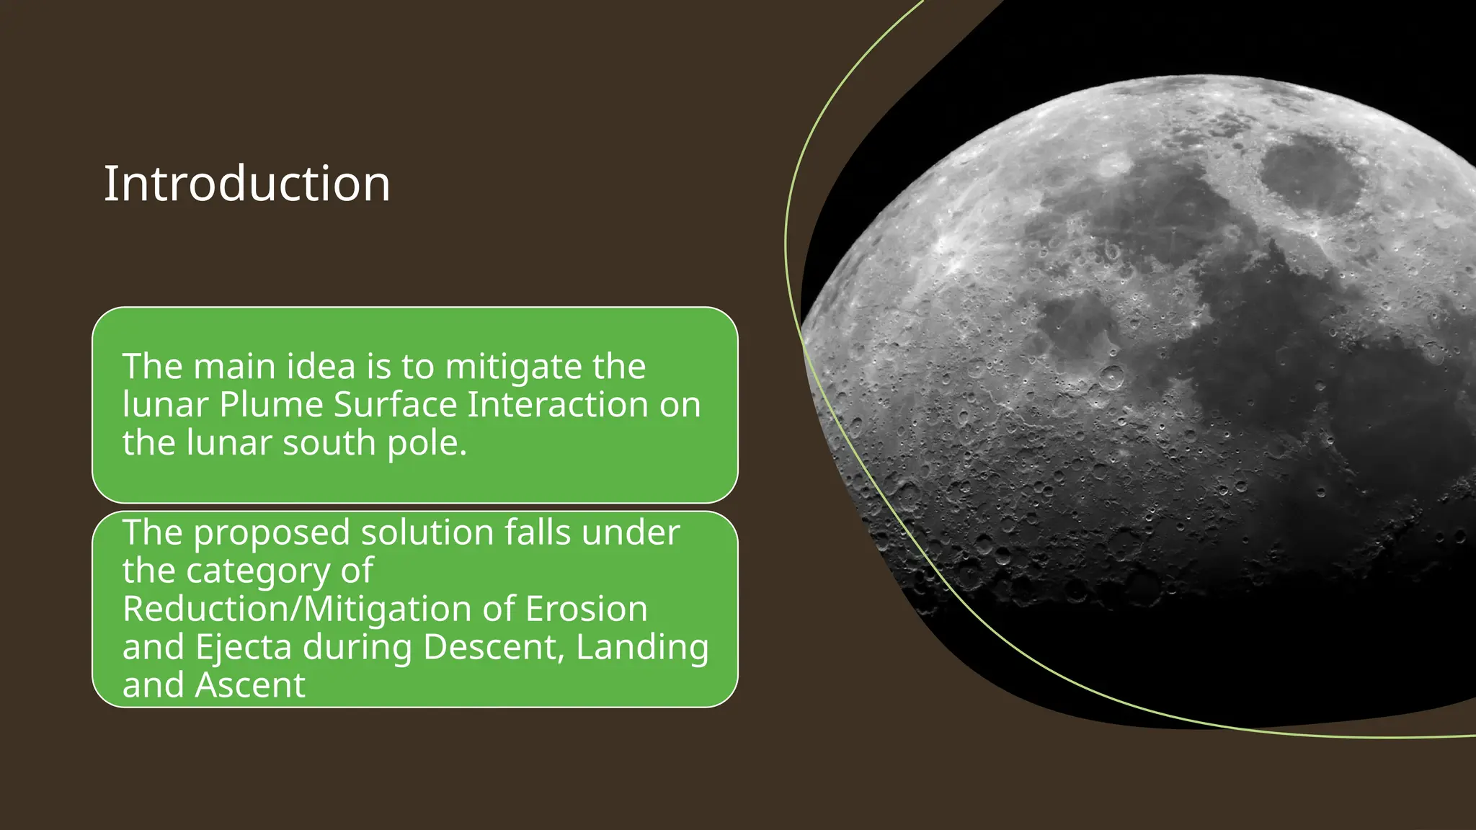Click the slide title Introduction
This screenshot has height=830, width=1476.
(247, 184)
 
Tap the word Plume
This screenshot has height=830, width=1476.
(271, 405)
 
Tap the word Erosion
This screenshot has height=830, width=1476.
(586, 610)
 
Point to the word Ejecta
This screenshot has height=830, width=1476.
(243, 648)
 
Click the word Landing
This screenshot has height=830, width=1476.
(642, 648)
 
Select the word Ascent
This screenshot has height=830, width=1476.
(250, 685)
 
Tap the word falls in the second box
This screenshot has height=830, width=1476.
(538, 533)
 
